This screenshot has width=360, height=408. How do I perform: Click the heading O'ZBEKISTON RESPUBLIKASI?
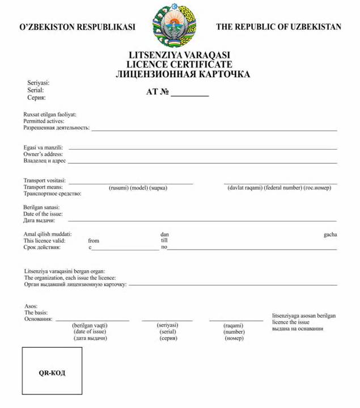pos(78,27)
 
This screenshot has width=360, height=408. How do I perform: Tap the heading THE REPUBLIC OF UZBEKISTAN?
pos(278,27)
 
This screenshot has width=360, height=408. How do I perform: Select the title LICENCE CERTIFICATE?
pos(180,65)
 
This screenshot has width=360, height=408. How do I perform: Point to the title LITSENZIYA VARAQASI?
pos(180,56)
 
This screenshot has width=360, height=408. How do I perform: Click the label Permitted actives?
pos(44,121)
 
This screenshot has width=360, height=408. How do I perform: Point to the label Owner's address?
pos(43,154)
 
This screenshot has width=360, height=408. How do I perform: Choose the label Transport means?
pos(43,187)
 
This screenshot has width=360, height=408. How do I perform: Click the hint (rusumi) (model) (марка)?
pos(138,188)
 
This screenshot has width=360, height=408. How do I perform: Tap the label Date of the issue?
pos(43,214)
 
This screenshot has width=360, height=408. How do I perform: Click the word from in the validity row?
pos(94,241)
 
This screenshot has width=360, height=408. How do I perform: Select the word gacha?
pos(330,234)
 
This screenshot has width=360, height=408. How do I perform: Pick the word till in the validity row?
pos(164,240)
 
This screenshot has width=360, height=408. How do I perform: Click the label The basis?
pos(36,312)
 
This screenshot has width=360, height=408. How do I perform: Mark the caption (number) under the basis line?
pos(234,332)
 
